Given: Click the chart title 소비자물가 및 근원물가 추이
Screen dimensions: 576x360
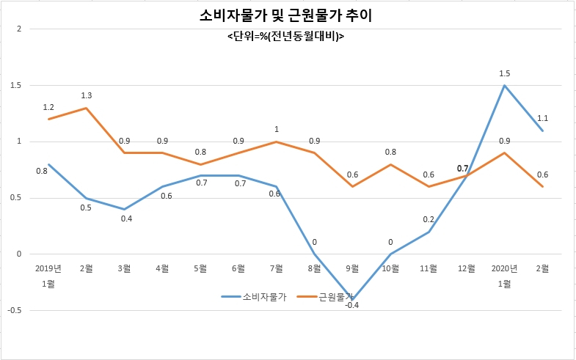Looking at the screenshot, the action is pos(285,15).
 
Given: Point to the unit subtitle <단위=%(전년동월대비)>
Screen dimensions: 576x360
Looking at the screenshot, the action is pos(285,37).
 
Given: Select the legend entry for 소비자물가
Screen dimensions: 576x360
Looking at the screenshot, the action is pos(253,297).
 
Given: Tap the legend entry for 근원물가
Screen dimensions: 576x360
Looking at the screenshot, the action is pos(325,297).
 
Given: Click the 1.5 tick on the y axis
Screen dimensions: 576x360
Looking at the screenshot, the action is pos(17,86).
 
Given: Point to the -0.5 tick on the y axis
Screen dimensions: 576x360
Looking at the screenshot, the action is pos(15,310).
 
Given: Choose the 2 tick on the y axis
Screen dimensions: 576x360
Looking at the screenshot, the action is pos(20,29).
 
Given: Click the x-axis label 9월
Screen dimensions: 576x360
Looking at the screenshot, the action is pos(352,268).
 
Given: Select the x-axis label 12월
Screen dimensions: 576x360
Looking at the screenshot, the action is pos(467,268).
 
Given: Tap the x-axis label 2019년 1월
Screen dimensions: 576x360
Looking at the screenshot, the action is pos(48,276).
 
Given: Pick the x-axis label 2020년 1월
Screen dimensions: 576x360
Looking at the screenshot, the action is pos(504,276).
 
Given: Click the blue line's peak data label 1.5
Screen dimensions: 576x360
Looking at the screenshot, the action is pos(504,73).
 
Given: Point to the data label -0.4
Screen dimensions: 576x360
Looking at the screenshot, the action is pos(352,305).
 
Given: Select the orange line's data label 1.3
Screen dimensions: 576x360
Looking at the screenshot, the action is pos(87,96).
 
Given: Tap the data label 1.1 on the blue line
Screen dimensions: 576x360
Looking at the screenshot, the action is pos(542,118).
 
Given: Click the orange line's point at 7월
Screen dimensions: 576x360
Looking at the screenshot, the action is pos(276,142).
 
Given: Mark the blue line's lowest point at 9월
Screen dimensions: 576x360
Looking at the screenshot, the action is pos(352,300).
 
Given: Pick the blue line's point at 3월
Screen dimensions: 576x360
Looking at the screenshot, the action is pos(124,210).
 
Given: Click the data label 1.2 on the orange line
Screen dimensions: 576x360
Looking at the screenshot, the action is pos(48,107).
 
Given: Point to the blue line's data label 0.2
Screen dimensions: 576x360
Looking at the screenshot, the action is pos(429,219).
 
